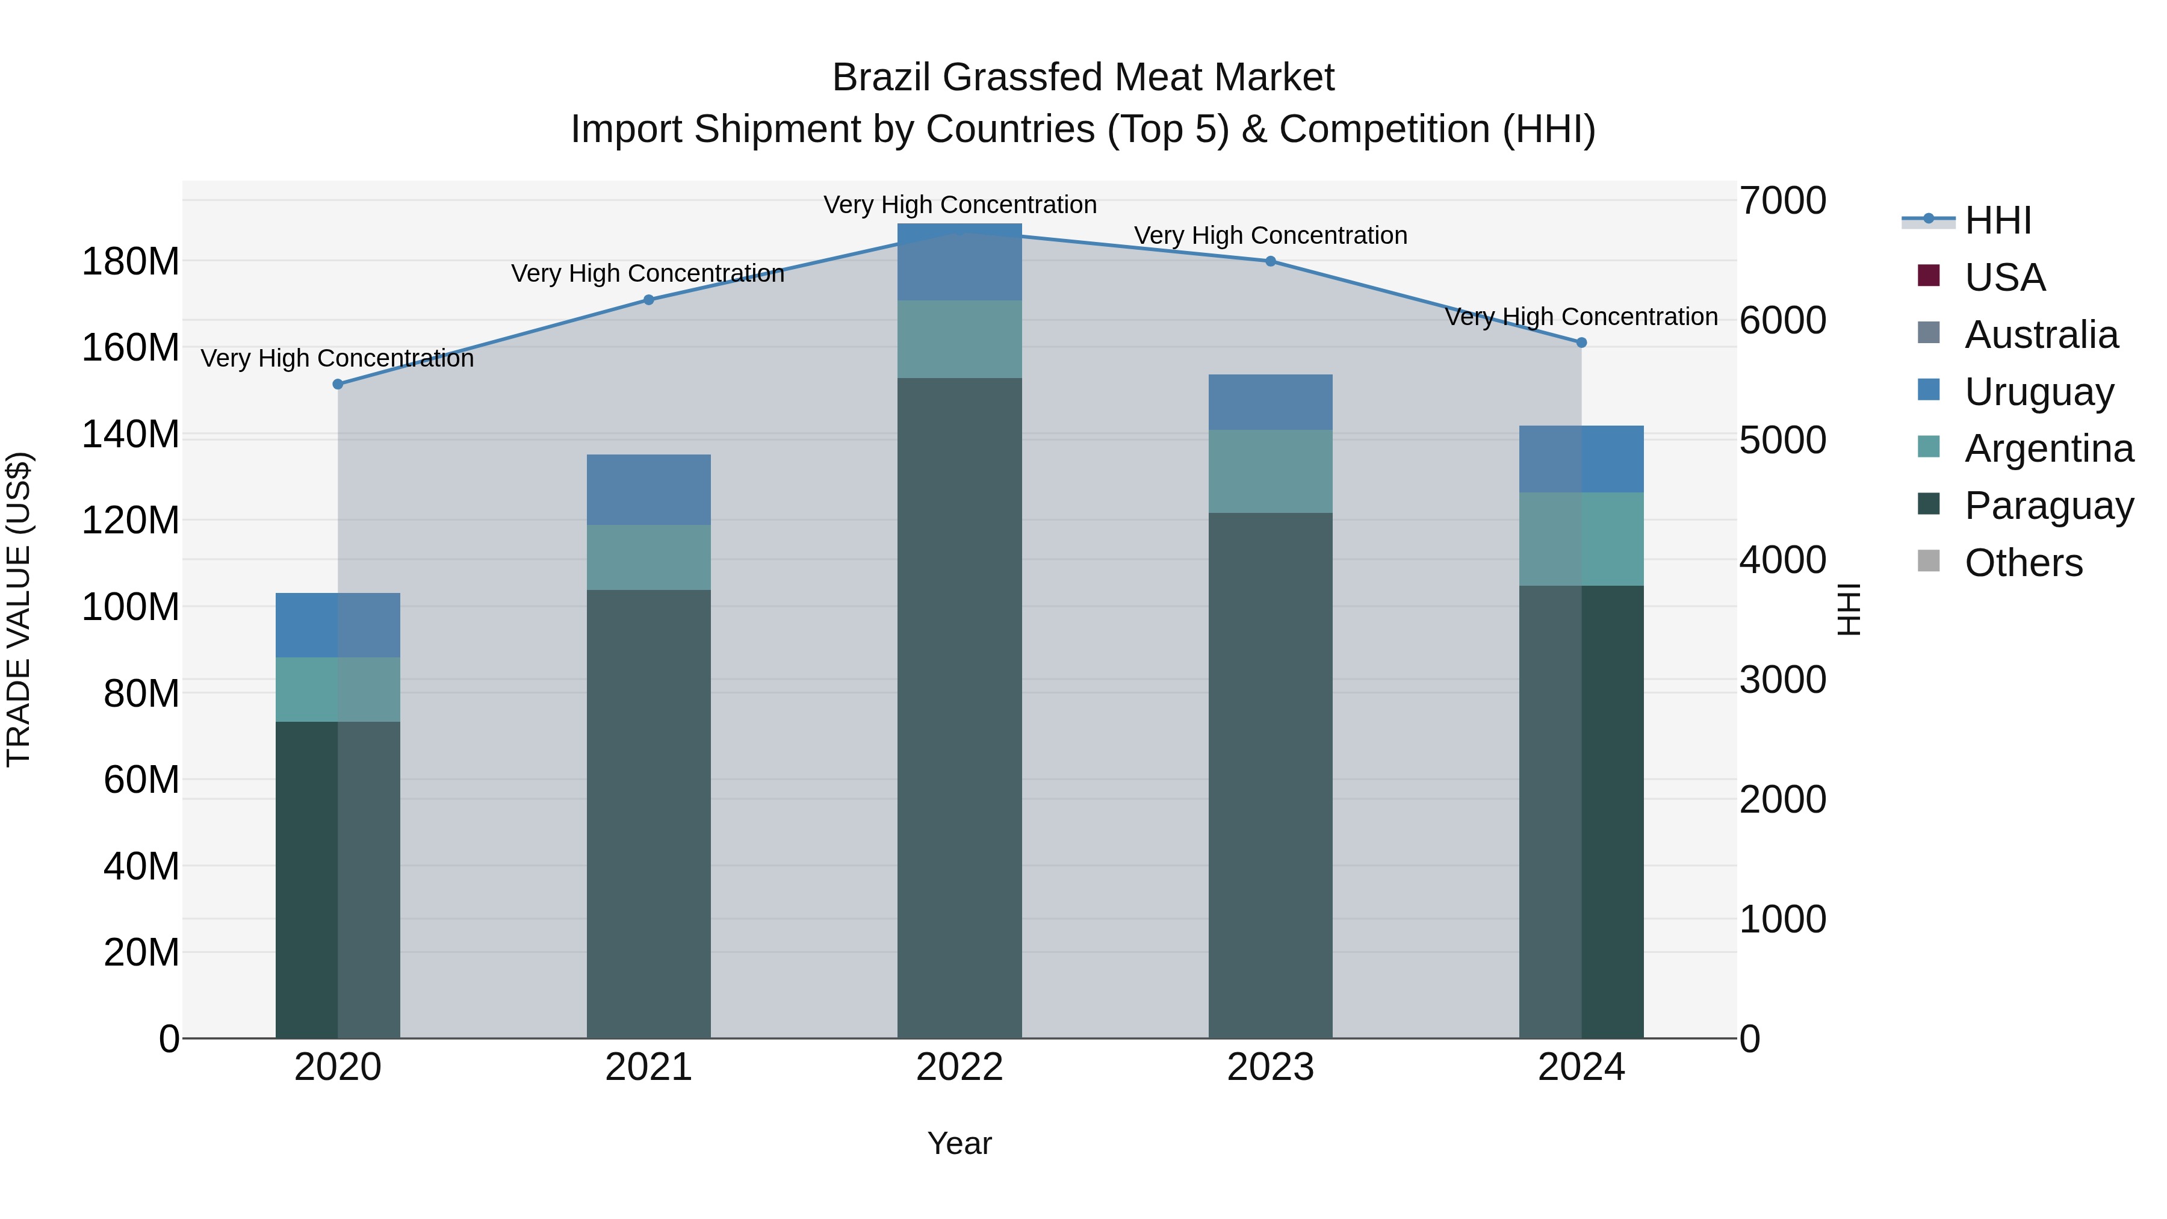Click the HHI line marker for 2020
pyautogui.click(x=337, y=385)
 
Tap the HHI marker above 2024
pyautogui.click(x=1581, y=343)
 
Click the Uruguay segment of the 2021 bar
pyautogui.click(x=648, y=489)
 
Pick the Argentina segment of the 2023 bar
pyautogui.click(x=1270, y=471)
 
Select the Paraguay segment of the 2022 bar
pyautogui.click(x=960, y=707)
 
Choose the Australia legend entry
pyautogui.click(x=2041, y=335)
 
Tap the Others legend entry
pyautogui.click(x=2023, y=563)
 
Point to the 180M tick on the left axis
pyautogui.click(x=131, y=262)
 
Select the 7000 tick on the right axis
pyautogui.click(x=1782, y=201)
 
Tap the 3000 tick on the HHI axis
pyautogui.click(x=1782, y=680)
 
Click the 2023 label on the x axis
pyautogui.click(x=1270, y=1067)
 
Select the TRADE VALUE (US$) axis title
pyautogui.click(x=19, y=609)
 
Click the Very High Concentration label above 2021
pyautogui.click(x=648, y=273)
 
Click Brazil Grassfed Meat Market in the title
pyautogui.click(x=1083, y=78)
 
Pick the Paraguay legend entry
pyautogui.click(x=2048, y=506)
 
